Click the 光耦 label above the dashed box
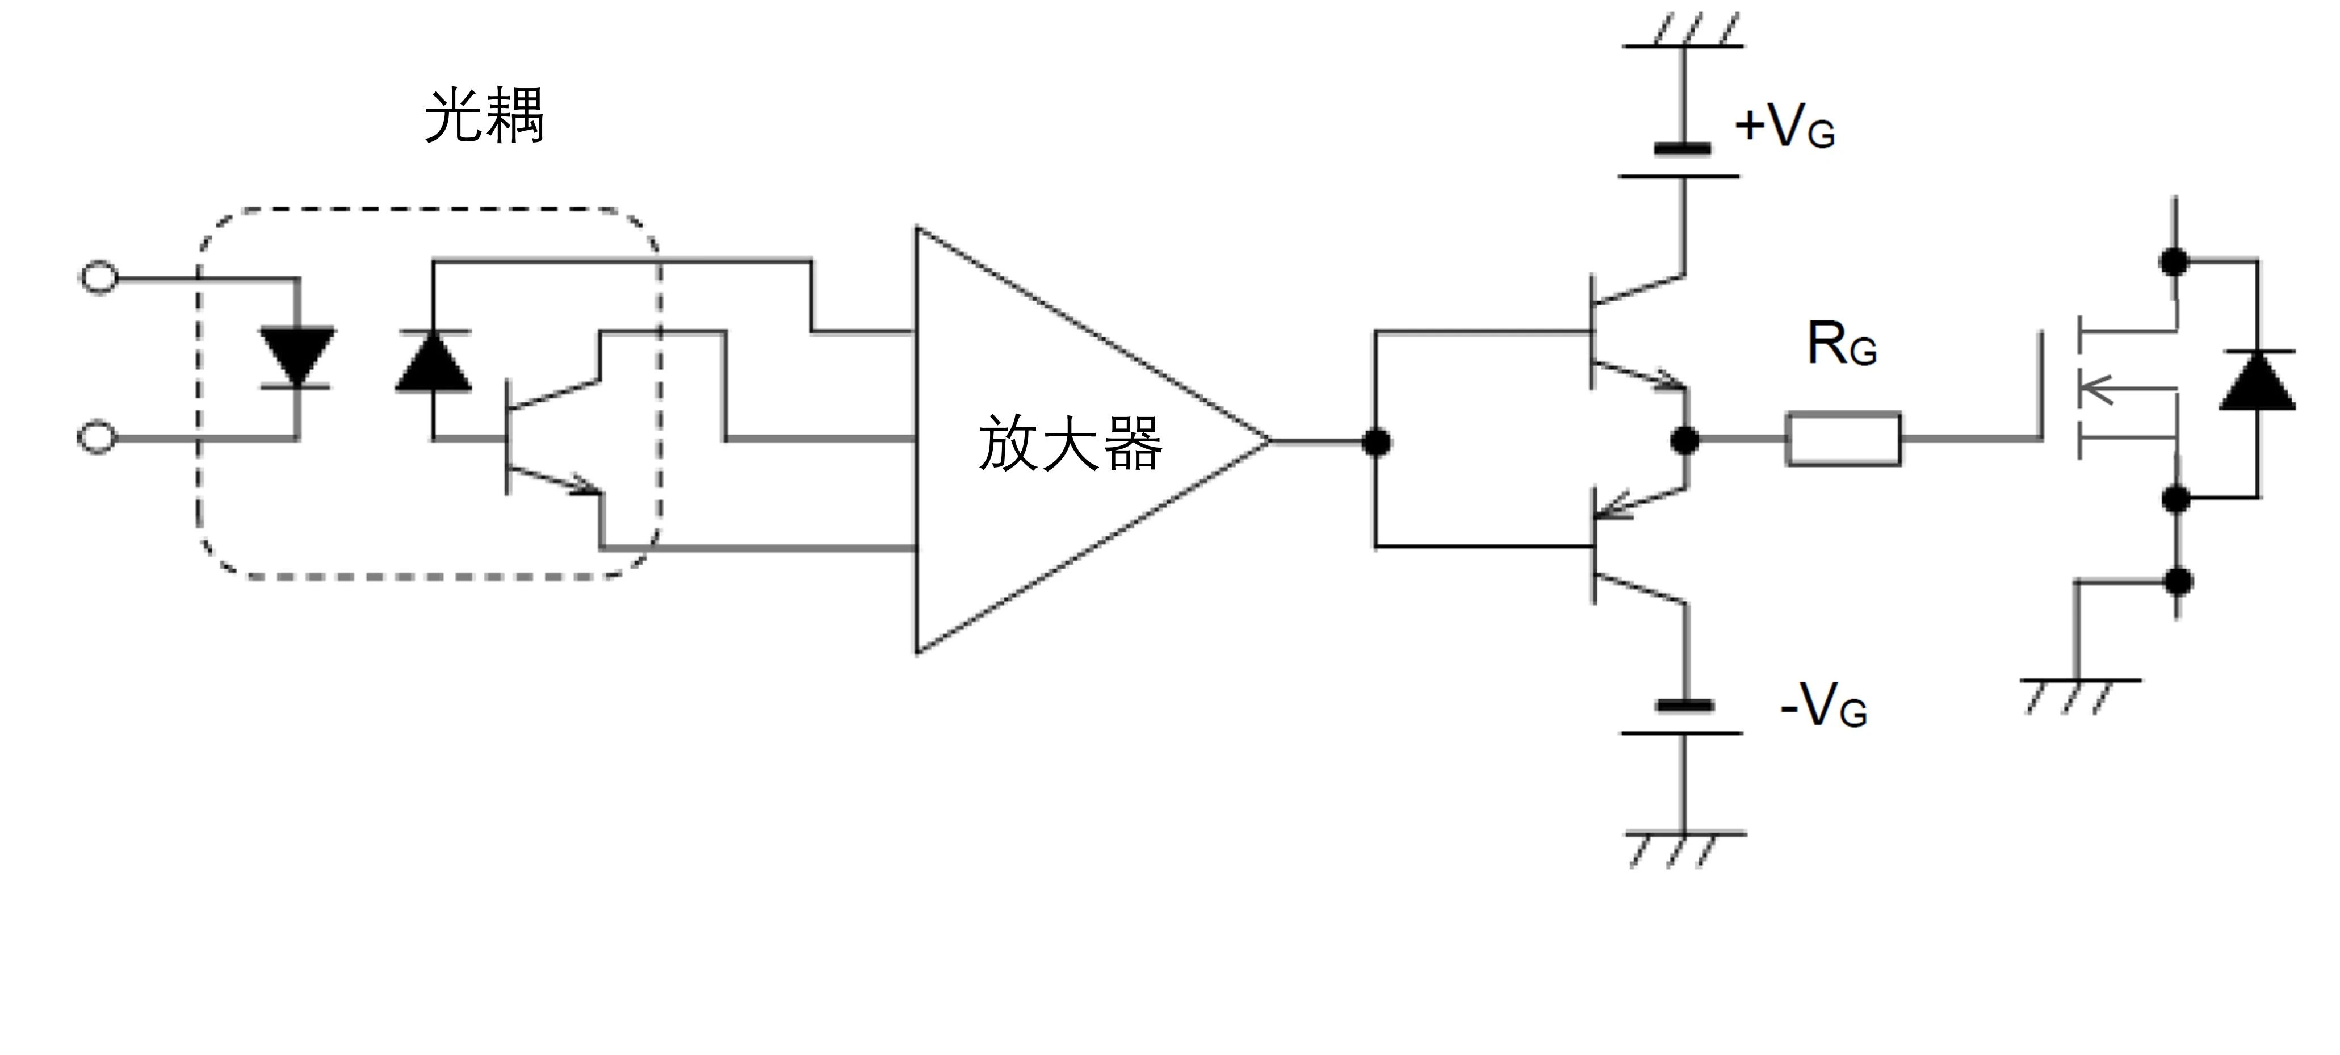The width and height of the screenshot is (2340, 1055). [484, 116]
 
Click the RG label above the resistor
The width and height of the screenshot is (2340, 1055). [1842, 345]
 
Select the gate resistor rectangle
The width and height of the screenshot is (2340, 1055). [1843, 440]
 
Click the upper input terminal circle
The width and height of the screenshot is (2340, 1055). [98, 277]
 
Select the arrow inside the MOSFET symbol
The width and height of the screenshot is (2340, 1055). [2098, 391]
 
